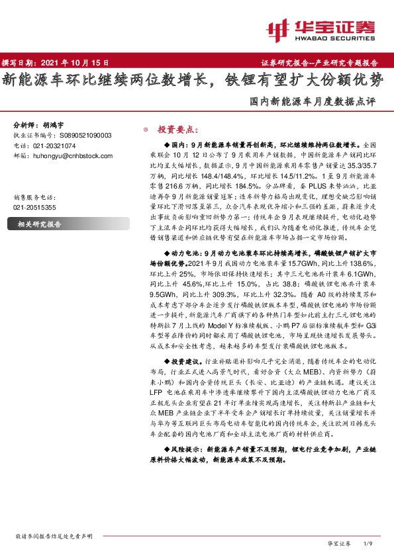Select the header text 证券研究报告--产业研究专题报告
tap(324, 63)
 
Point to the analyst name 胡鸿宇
tap(56, 124)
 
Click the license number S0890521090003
tap(81, 135)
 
